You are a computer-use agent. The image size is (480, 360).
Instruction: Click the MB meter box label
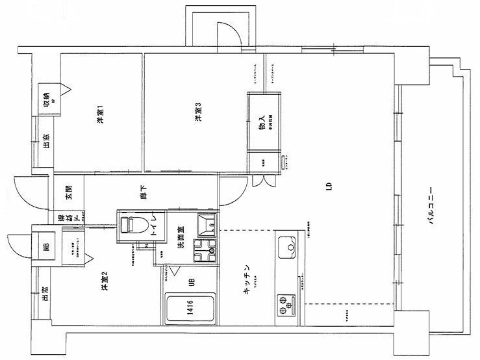[x=47, y=246]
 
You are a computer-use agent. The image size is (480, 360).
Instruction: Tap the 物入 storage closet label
[x=262, y=123]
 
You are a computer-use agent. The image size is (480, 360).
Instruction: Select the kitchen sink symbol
[x=287, y=246]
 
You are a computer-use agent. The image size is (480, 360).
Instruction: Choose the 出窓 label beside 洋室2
[x=46, y=294]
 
